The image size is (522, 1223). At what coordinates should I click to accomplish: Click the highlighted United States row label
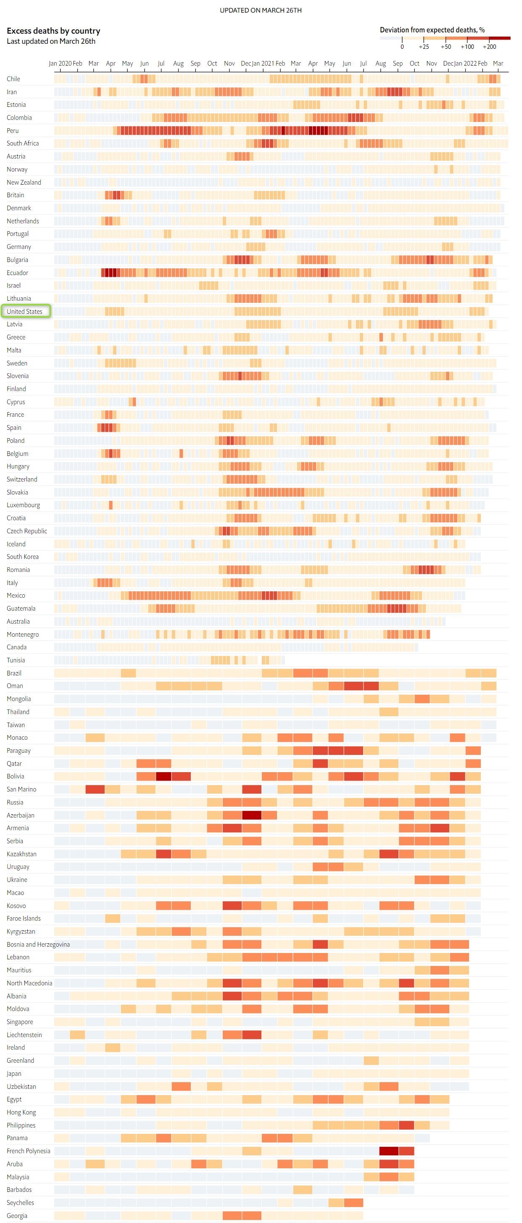point(25,312)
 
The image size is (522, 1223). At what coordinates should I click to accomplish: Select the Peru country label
point(13,130)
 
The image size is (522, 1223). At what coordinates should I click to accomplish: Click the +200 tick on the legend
point(489,47)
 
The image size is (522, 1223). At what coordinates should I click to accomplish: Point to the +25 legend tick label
point(424,47)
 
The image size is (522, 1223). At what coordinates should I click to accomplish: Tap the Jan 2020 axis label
point(60,63)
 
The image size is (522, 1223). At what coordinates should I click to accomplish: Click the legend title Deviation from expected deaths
point(432,30)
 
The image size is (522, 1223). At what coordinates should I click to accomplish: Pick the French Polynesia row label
point(29,1151)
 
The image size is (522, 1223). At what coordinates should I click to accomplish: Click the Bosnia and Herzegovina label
point(38,944)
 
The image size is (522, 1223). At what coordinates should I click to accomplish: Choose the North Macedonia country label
point(29,983)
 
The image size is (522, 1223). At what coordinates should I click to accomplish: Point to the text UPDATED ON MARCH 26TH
point(261,11)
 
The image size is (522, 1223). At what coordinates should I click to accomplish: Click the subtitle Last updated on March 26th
point(51,41)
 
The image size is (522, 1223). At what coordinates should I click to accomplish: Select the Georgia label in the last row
point(17,1215)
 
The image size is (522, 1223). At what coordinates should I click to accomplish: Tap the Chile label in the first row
point(13,79)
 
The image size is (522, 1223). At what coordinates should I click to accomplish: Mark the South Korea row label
point(23,556)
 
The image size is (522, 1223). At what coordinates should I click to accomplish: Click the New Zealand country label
point(24,182)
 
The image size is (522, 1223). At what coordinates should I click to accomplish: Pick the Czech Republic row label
point(27,531)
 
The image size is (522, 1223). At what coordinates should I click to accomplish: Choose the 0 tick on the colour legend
point(402,47)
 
